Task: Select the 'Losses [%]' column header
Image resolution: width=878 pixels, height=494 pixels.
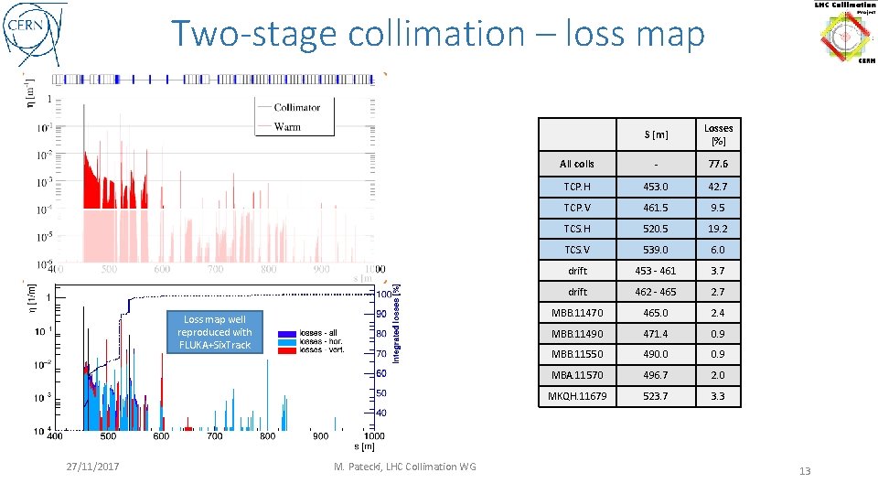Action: [718, 134]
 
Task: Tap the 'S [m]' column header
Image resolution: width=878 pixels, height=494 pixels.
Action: [655, 135]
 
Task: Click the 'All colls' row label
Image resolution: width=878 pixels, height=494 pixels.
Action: [577, 165]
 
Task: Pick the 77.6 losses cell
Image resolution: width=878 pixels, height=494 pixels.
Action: [718, 165]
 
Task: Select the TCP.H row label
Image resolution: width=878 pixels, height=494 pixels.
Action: [577, 187]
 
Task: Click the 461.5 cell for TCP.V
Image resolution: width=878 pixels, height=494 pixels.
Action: [655, 208]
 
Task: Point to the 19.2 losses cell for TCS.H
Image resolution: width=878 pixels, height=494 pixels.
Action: [718, 229]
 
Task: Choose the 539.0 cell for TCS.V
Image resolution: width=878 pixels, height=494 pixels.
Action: [655, 250]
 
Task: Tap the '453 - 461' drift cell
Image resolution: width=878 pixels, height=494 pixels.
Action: [655, 271]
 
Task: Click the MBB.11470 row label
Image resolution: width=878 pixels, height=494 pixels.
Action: [577, 313]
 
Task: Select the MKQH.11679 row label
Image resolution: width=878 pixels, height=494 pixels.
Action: [577, 397]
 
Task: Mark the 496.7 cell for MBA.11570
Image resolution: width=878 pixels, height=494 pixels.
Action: [655, 376]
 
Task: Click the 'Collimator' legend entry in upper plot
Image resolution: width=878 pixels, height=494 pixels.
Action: [296, 107]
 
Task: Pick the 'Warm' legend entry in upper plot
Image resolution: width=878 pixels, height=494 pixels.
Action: [287, 126]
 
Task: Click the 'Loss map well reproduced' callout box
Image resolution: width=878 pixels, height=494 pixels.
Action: [215, 332]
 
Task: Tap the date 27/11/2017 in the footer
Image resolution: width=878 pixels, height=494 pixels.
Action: [95, 467]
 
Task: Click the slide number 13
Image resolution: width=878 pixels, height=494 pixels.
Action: [805, 471]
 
